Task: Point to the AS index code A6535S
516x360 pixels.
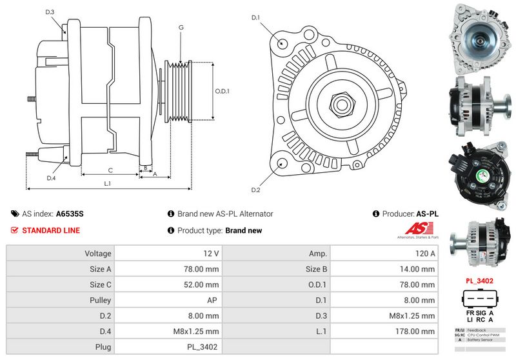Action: click(70, 214)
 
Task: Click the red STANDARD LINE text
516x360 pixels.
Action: click(51, 230)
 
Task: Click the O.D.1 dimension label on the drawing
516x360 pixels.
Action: click(223, 91)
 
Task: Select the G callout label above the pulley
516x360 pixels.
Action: click(181, 27)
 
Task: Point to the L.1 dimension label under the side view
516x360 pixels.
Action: click(108, 183)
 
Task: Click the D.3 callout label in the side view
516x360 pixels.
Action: click(50, 12)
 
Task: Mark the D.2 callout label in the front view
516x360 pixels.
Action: click(255, 190)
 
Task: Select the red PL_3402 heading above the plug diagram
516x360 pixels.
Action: click(479, 281)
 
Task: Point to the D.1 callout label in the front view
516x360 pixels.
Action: click(255, 18)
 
